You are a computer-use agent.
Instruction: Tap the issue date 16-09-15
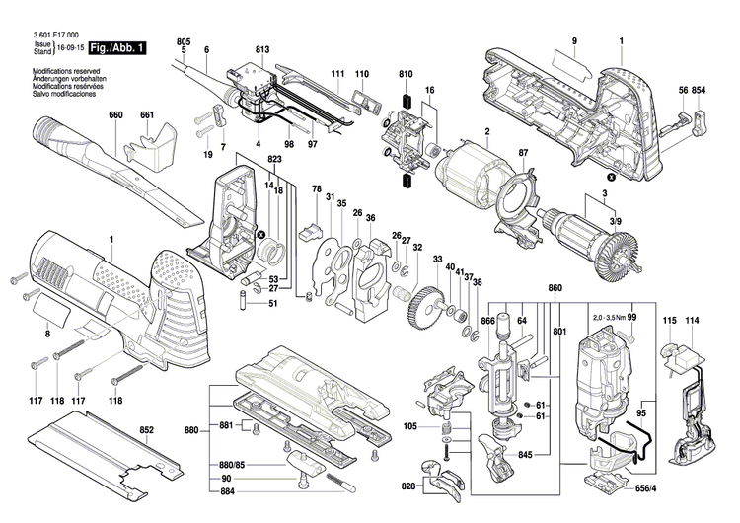pyautogui.click(x=68, y=47)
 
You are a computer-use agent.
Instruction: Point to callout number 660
pyautogui.click(x=115, y=115)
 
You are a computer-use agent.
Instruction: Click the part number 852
pyautogui.click(x=147, y=430)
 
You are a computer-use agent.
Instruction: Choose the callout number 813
pyautogui.click(x=261, y=49)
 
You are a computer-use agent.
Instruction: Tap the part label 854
pyautogui.click(x=699, y=91)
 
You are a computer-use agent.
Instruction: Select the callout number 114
pyautogui.click(x=692, y=322)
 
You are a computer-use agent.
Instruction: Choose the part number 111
pyautogui.click(x=337, y=74)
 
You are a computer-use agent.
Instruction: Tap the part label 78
pyautogui.click(x=317, y=188)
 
